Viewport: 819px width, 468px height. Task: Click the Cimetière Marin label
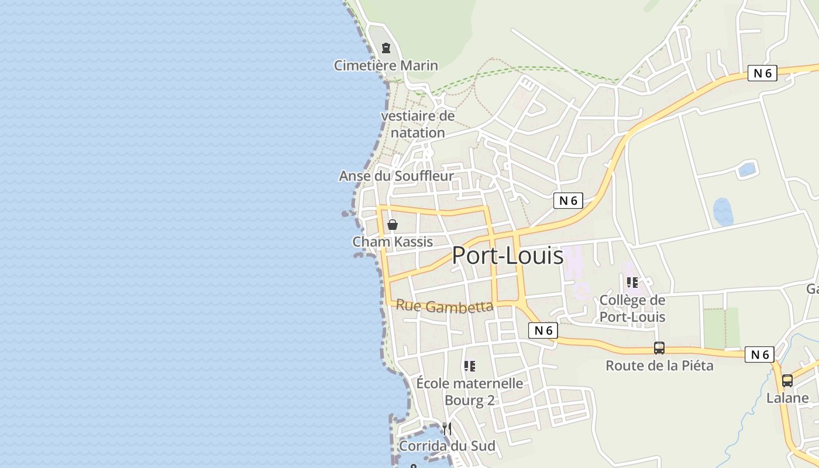[x=386, y=66]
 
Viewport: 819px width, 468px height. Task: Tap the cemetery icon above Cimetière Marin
[x=386, y=48]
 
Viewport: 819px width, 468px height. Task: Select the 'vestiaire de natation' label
[x=418, y=124]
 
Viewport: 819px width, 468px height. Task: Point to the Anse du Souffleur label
[x=397, y=176]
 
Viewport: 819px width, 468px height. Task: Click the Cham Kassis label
[x=393, y=242]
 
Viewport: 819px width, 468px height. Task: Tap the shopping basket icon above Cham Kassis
[x=393, y=225]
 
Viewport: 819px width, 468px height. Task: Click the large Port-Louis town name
[x=508, y=256]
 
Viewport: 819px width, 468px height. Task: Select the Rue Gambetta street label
[x=445, y=306]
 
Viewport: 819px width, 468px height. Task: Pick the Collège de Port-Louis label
[x=632, y=308]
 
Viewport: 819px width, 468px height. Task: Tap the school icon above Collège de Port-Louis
[x=632, y=283]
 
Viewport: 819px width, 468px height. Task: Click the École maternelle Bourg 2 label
[x=470, y=392]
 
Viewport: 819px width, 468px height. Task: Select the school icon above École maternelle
[x=470, y=366]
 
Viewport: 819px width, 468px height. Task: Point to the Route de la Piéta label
[x=659, y=366]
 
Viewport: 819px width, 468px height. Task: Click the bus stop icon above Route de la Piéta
[x=659, y=348]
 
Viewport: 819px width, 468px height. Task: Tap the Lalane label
[x=787, y=398]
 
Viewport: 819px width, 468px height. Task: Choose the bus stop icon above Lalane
[x=787, y=381]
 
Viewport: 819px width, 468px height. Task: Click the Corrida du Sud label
[x=447, y=446]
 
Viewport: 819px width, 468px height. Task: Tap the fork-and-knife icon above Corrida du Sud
[x=447, y=429]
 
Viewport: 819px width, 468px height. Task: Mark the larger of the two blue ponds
[x=723, y=212]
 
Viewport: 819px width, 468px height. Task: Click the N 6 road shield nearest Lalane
[x=759, y=355]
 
